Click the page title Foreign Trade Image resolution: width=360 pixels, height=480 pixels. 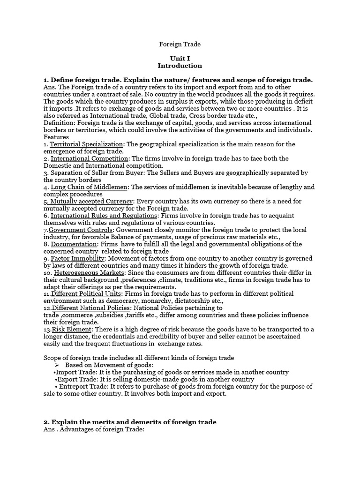[180, 44]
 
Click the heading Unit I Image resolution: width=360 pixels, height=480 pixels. [180, 58]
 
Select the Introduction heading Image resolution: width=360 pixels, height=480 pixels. [180, 66]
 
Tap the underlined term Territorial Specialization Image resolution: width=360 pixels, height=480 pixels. [87, 144]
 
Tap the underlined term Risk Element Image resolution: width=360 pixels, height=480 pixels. [71, 329]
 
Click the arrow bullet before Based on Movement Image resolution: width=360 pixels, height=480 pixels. [57, 365]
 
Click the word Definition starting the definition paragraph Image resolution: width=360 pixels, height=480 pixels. [59, 122]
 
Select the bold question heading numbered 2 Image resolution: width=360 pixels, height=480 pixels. [130, 422]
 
